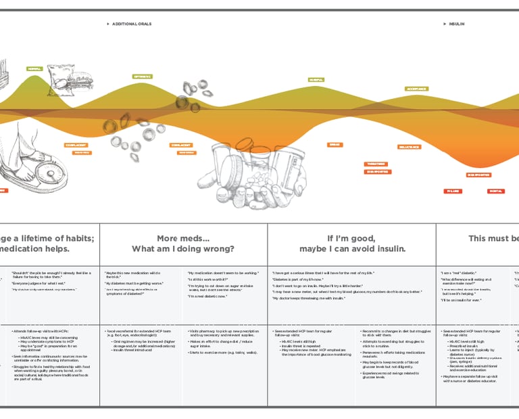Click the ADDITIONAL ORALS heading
click(131, 24)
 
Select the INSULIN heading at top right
click(457, 24)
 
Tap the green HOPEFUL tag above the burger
click(34, 68)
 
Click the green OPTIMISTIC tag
click(141, 76)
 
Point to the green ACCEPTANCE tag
click(416, 89)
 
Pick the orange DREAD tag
click(335, 145)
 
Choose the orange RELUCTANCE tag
click(409, 147)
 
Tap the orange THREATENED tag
click(376, 164)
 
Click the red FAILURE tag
click(453, 192)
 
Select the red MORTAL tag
click(495, 192)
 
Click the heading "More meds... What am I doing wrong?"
click(183, 243)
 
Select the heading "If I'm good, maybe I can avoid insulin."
click(351, 243)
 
